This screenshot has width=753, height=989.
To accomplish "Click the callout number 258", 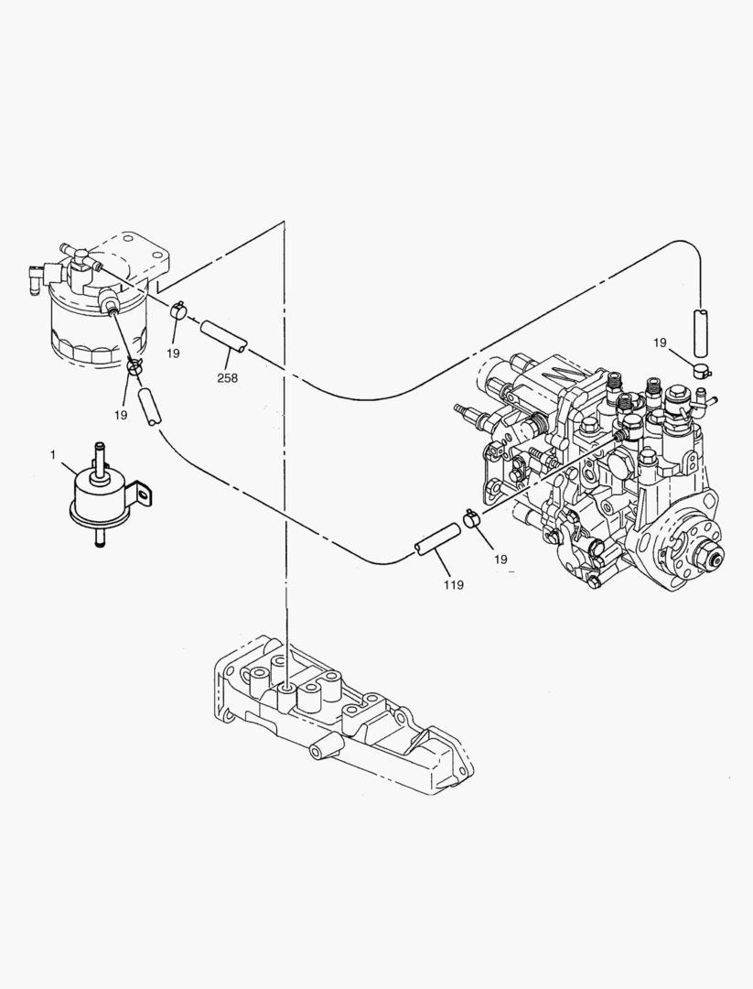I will [x=227, y=377].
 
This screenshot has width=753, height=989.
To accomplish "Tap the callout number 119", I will [x=454, y=584].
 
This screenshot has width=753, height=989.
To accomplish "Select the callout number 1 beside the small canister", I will [x=53, y=454].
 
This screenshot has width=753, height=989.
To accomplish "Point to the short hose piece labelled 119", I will [x=436, y=538].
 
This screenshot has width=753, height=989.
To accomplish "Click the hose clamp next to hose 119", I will [x=473, y=519].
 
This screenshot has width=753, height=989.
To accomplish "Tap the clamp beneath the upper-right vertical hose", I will [x=703, y=370].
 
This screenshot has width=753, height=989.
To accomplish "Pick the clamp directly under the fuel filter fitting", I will [x=135, y=368].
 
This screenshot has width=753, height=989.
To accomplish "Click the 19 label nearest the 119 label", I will [x=500, y=558].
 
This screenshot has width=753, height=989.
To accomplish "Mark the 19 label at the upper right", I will [x=660, y=342].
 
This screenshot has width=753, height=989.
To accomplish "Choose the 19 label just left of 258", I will [x=173, y=353].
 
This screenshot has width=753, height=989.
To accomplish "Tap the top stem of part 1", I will [x=99, y=454].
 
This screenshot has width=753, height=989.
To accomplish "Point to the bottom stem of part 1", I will [x=97, y=541].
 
